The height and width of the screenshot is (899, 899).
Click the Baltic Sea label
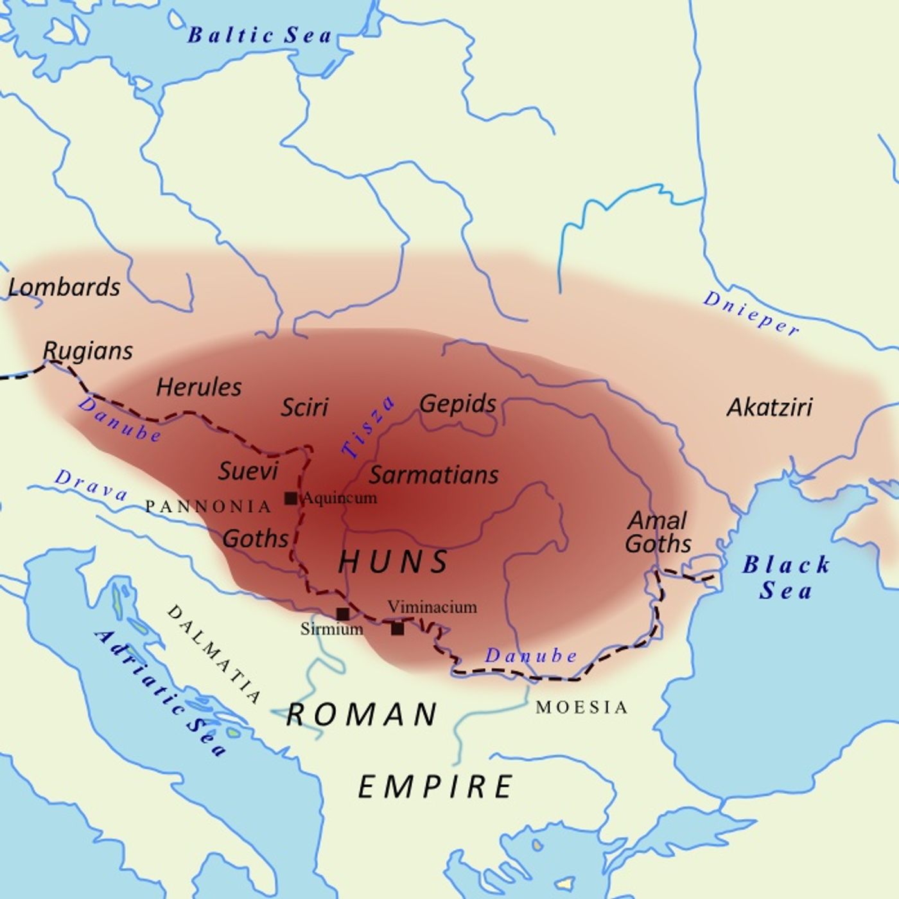tap(259, 35)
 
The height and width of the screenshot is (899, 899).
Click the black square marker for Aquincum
tap(291, 498)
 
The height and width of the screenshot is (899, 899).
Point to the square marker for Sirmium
tap(343, 614)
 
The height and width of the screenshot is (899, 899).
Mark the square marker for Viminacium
tap(397, 629)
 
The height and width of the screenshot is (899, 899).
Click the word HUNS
tap(393, 562)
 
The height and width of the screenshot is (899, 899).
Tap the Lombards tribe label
tap(64, 287)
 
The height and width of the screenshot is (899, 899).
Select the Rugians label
tap(88, 351)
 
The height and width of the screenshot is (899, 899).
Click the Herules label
tap(199, 387)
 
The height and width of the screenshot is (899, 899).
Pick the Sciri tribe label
tap(304, 407)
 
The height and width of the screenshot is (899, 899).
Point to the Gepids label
tap(458, 404)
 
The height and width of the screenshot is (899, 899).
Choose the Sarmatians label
tap(433, 475)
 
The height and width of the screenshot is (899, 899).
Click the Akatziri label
tap(769, 407)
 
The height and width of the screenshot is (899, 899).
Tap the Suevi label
tap(248, 471)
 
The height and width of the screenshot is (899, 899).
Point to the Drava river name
tap(91, 485)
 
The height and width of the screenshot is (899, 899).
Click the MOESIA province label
tap(582, 708)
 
